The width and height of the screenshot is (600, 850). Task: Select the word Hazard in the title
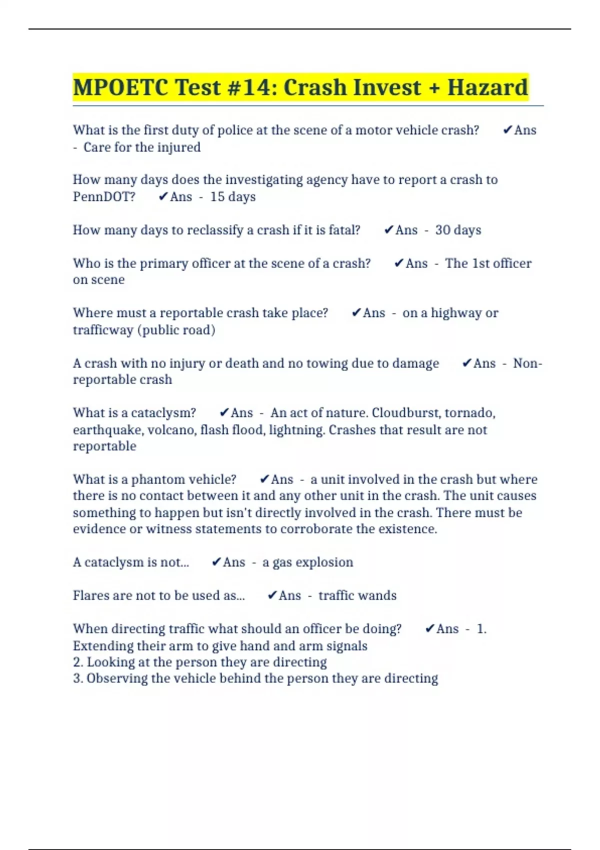(487, 87)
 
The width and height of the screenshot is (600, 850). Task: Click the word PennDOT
(104, 197)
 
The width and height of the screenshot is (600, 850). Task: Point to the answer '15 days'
(232, 197)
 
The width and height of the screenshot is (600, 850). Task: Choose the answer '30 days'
(458, 230)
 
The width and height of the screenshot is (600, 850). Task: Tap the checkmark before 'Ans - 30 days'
(388, 230)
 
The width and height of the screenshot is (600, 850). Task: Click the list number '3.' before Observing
(78, 678)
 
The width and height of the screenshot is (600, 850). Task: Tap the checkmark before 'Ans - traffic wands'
(272, 595)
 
